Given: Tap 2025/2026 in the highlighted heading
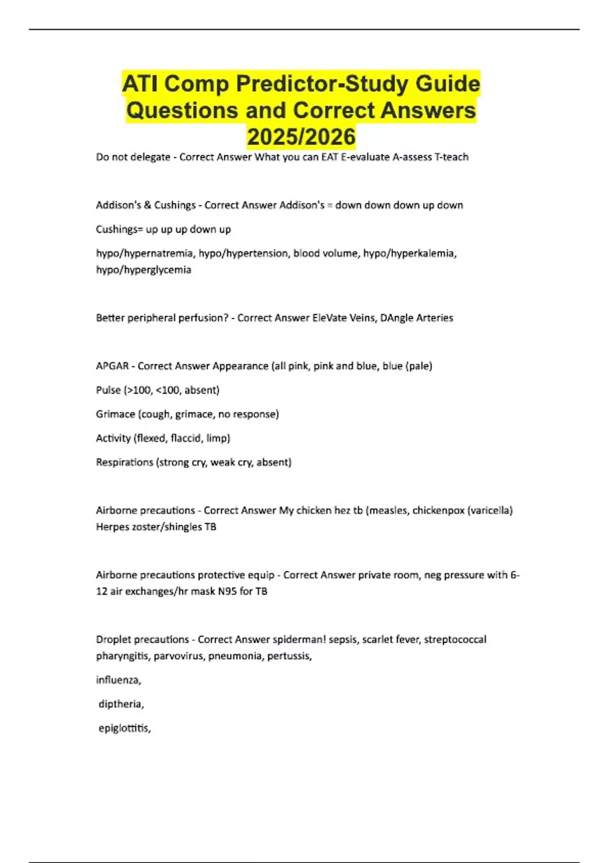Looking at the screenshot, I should pos(301,137).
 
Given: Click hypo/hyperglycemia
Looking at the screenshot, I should pos(144,270).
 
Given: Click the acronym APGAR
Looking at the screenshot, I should pos(112,366).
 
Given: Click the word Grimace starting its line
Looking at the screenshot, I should pos(115,414).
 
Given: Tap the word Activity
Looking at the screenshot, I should pos(113,438).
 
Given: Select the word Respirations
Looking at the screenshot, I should pos(124,462).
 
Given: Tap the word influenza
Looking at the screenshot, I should pos(118,680).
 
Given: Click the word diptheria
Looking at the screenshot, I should pos(121,704).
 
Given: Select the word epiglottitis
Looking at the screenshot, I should pos(124,728).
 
